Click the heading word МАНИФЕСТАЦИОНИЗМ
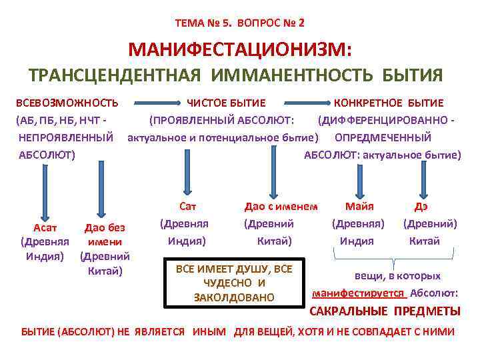pyautogui.click(x=240, y=49)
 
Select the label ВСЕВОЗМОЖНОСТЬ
pyautogui.click(x=67, y=103)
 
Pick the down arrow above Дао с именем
pyautogui.click(x=272, y=171)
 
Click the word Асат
pyautogui.click(x=45, y=228)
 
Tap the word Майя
pyautogui.click(x=359, y=206)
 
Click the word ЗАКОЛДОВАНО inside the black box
pyautogui.click(x=234, y=297)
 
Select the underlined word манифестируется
pyautogui.click(x=358, y=293)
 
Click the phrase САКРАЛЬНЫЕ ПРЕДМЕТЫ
pyautogui.click(x=385, y=311)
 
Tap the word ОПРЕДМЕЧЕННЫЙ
pyautogui.click(x=383, y=138)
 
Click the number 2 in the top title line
pyautogui.click(x=301, y=22)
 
